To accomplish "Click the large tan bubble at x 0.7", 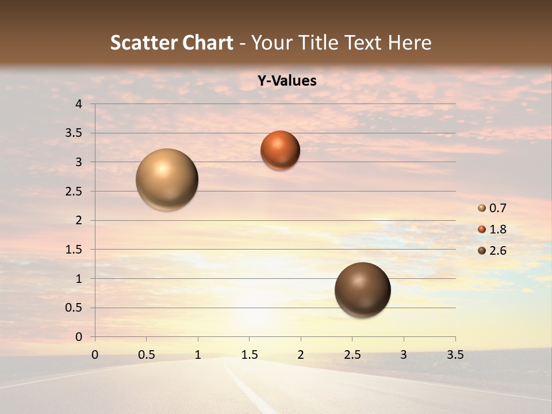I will point(167,179).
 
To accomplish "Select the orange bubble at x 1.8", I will point(280,150).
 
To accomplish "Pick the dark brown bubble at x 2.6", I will point(362,290).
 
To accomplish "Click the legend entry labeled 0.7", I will point(493,208).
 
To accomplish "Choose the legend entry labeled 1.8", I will point(493,229).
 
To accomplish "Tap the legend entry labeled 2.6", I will point(493,251).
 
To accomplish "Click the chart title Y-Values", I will point(287,81).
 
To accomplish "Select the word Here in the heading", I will point(409,43).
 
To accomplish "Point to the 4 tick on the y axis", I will point(79,104).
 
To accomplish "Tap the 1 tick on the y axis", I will point(79,279).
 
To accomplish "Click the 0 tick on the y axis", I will point(79,337).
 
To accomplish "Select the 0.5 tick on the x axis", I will point(146,355).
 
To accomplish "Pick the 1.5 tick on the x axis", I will point(249,355).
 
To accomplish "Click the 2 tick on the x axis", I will point(301,355).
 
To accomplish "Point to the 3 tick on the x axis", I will point(404,355).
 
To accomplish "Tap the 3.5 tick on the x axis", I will point(455,355).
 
